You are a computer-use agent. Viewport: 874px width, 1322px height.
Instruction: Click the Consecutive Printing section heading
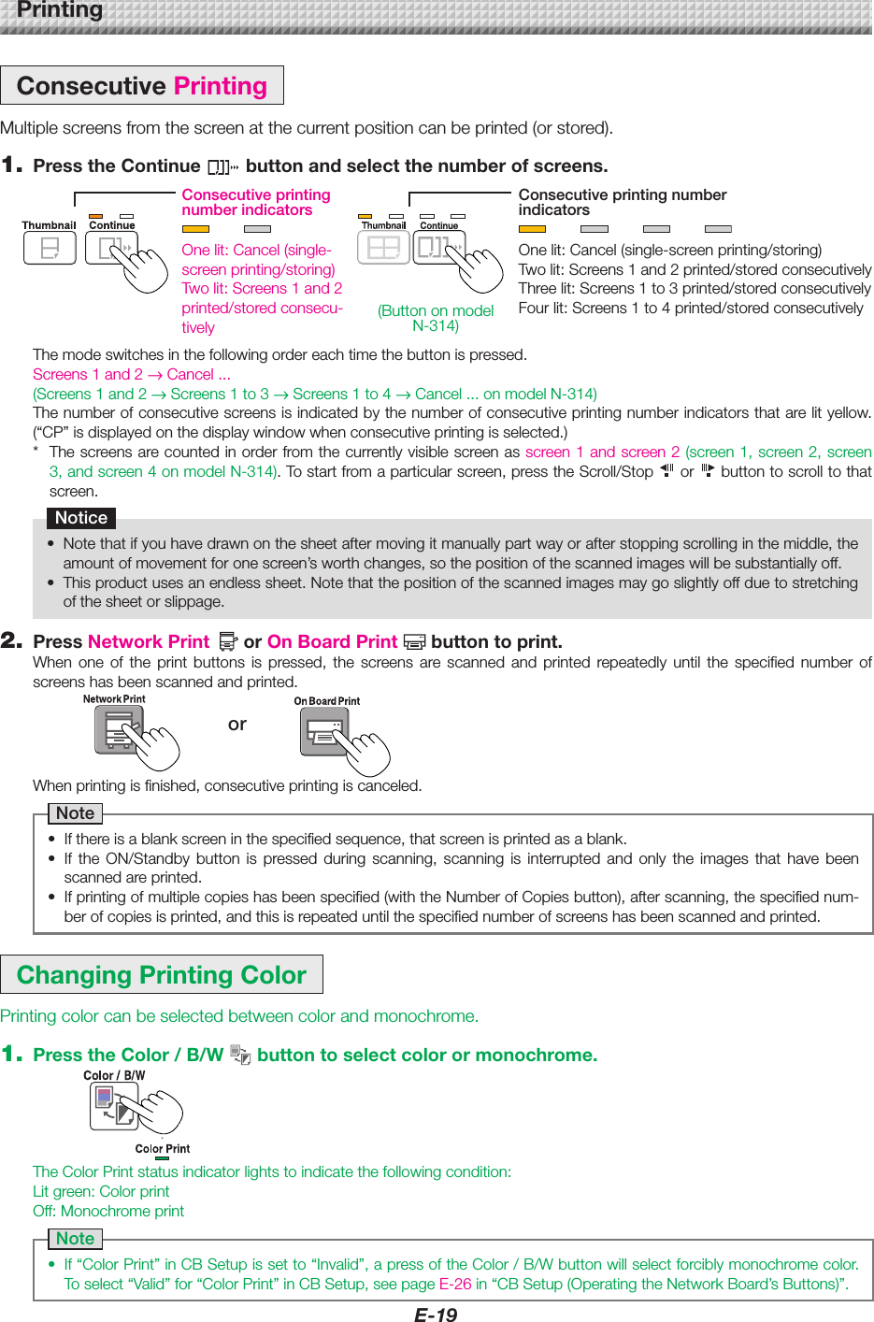(x=142, y=86)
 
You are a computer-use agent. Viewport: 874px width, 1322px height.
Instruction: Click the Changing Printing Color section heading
(x=162, y=975)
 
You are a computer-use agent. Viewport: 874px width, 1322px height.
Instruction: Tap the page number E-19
(x=436, y=1314)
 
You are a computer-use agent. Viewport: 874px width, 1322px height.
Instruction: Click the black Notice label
(x=81, y=518)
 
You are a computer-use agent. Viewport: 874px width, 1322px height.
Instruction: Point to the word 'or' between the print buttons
(x=237, y=724)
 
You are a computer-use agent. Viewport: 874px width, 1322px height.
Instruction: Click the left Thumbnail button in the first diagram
(x=50, y=248)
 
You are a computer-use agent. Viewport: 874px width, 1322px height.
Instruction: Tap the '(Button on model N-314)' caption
(x=436, y=318)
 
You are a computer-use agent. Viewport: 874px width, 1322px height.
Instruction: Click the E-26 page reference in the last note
(x=455, y=1284)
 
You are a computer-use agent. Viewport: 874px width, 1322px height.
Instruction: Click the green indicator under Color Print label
(x=163, y=1158)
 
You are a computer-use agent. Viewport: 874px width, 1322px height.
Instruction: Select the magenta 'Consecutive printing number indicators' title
(x=256, y=202)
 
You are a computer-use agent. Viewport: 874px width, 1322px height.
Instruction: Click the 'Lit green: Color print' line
(x=101, y=1191)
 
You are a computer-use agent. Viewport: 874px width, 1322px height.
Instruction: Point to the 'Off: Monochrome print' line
(x=108, y=1211)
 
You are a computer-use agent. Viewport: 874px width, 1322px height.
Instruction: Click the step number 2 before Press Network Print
(x=11, y=640)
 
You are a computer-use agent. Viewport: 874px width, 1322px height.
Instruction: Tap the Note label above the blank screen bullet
(x=76, y=813)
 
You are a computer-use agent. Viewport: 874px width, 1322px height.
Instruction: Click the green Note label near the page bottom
(x=76, y=1239)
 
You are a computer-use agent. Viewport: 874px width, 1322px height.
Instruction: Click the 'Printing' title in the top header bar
(x=60, y=10)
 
